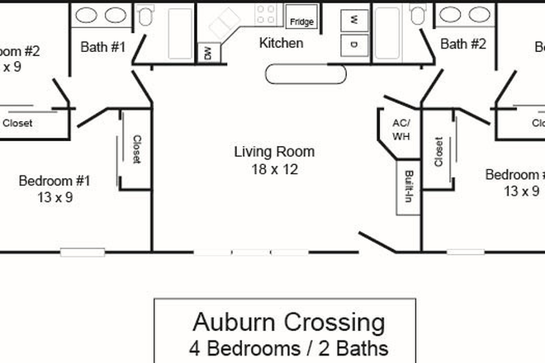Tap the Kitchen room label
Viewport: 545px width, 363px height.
(281, 43)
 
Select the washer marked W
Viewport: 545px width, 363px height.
(353, 18)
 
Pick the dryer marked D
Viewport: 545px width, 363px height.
(353, 44)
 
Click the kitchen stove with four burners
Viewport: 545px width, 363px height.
(265, 13)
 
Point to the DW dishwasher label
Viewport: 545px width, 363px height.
(208, 53)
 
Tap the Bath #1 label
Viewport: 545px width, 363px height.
(103, 47)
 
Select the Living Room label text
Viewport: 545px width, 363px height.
(274, 152)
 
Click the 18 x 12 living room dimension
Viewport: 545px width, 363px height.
(274, 170)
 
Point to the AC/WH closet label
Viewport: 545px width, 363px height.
(400, 129)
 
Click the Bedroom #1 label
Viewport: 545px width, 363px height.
(54, 181)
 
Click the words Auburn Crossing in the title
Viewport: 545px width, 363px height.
(288, 321)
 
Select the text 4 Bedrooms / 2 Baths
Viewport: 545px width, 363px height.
(288, 347)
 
